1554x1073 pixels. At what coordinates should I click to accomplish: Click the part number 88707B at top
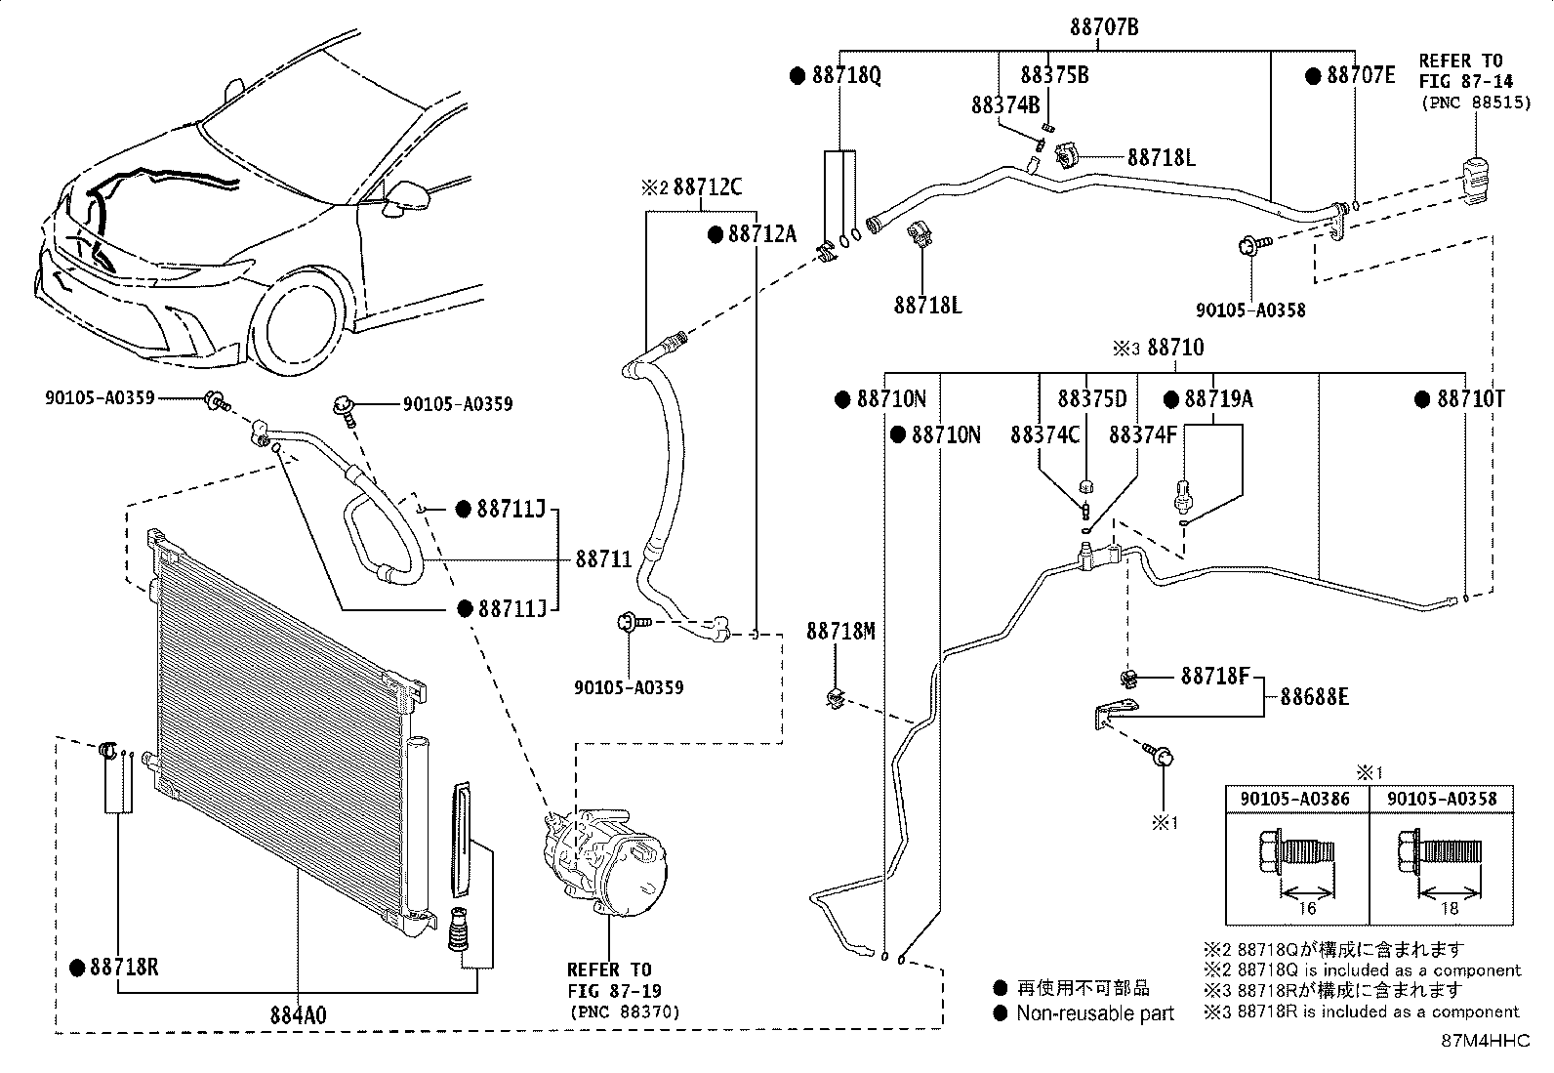[x=1103, y=27]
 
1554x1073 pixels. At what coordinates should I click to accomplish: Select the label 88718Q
[x=845, y=75]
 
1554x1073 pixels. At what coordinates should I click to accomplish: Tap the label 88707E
[x=1360, y=75]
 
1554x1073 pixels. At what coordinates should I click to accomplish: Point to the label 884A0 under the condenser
[x=298, y=1015]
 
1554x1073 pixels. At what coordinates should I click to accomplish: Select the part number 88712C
[x=708, y=186]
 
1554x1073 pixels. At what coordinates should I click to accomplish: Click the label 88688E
[x=1314, y=697]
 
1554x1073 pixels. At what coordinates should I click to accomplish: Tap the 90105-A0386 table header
[x=1295, y=799]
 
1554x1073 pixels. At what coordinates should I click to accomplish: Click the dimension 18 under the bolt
[x=1450, y=908]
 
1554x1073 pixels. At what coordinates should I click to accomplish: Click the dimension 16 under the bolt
[x=1306, y=908]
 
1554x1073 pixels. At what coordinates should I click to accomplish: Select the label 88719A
[x=1218, y=399]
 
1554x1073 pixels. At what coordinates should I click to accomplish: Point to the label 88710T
[x=1470, y=399]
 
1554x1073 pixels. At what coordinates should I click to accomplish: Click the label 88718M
[x=840, y=632]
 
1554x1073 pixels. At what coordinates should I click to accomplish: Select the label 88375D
[x=1091, y=399]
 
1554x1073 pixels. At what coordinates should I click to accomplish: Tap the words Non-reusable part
[x=1095, y=1013]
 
